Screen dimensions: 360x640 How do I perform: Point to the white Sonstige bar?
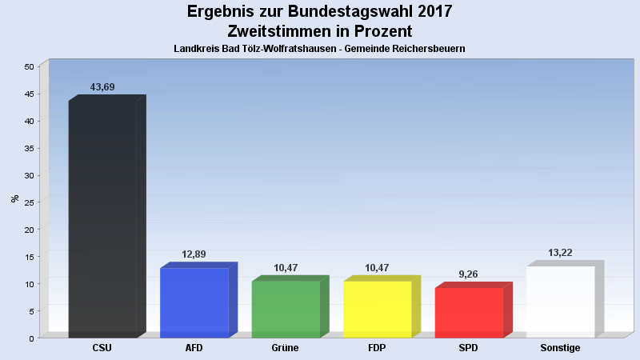click(560, 302)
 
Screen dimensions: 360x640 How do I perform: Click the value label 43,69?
click(102, 86)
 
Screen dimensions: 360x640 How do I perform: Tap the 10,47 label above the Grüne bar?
click(286, 267)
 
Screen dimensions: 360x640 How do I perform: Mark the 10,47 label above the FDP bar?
click(378, 267)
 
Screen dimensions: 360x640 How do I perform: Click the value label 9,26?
click(469, 274)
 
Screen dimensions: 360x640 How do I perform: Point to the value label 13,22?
click(560, 253)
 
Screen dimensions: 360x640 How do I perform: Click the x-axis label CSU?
click(102, 348)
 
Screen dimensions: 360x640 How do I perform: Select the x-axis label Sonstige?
click(560, 348)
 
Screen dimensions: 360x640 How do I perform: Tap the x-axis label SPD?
click(469, 348)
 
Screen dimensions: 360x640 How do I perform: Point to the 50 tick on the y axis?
click(29, 67)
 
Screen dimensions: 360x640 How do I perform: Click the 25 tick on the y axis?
click(29, 202)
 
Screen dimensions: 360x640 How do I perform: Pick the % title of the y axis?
click(14, 198)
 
